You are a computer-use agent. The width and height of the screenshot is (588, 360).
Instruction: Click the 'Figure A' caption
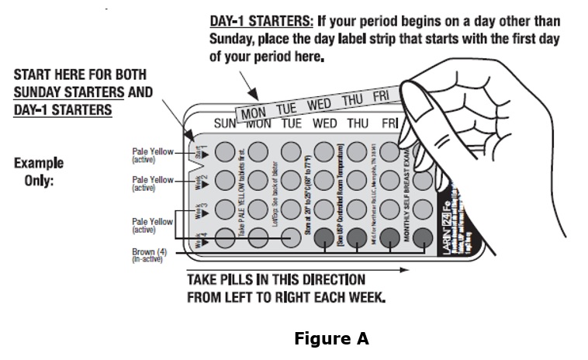pos(331,339)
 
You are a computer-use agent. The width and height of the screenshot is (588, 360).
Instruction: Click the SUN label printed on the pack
pos(225,123)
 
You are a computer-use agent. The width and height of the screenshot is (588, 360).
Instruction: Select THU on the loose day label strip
pos(352,100)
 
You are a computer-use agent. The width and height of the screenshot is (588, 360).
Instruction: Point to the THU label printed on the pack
pos(358,123)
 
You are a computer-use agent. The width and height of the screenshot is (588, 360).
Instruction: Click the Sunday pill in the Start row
pos(225,151)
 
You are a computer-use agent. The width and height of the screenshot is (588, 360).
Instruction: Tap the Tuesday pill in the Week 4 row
pos(291,237)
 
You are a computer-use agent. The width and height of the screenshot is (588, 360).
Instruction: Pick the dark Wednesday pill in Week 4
pos(324,237)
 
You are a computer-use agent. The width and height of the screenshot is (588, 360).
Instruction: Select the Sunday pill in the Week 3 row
pos(225,209)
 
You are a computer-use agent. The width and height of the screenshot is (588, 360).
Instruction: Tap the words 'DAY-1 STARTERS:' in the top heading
pos(259,21)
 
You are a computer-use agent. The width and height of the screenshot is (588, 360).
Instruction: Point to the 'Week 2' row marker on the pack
pos(199,180)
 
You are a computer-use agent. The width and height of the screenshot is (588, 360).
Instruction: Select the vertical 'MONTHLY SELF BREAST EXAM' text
pos(406,195)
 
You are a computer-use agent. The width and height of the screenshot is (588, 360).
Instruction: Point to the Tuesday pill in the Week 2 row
pos(291,180)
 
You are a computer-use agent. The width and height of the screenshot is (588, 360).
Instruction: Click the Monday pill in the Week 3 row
pos(258,209)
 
